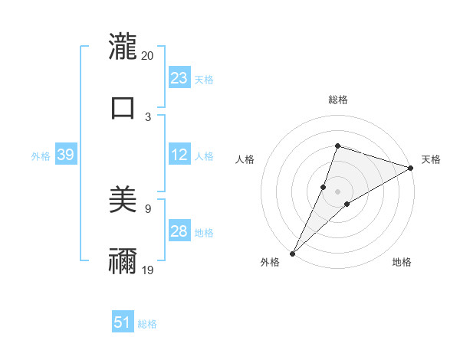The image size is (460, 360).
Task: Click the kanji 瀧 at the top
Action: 123,47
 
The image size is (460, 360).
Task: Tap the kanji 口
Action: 123,106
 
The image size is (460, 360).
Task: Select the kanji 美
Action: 123,200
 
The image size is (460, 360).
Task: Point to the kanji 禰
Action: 123,260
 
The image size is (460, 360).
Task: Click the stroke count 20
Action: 148,56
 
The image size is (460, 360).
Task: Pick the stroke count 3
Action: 148,116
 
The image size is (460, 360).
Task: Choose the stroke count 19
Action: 148,269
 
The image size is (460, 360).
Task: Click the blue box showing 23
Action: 179,78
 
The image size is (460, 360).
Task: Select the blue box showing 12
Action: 179,155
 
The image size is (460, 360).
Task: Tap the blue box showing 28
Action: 179,231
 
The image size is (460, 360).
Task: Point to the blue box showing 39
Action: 66,155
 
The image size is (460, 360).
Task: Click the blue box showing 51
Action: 123,322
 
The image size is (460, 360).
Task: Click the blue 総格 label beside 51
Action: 147,324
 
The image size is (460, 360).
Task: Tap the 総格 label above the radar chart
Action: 337,100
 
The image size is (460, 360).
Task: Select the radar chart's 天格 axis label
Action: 431,159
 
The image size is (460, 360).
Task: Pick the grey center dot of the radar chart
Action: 337,191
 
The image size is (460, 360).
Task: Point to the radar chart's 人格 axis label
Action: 245,159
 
